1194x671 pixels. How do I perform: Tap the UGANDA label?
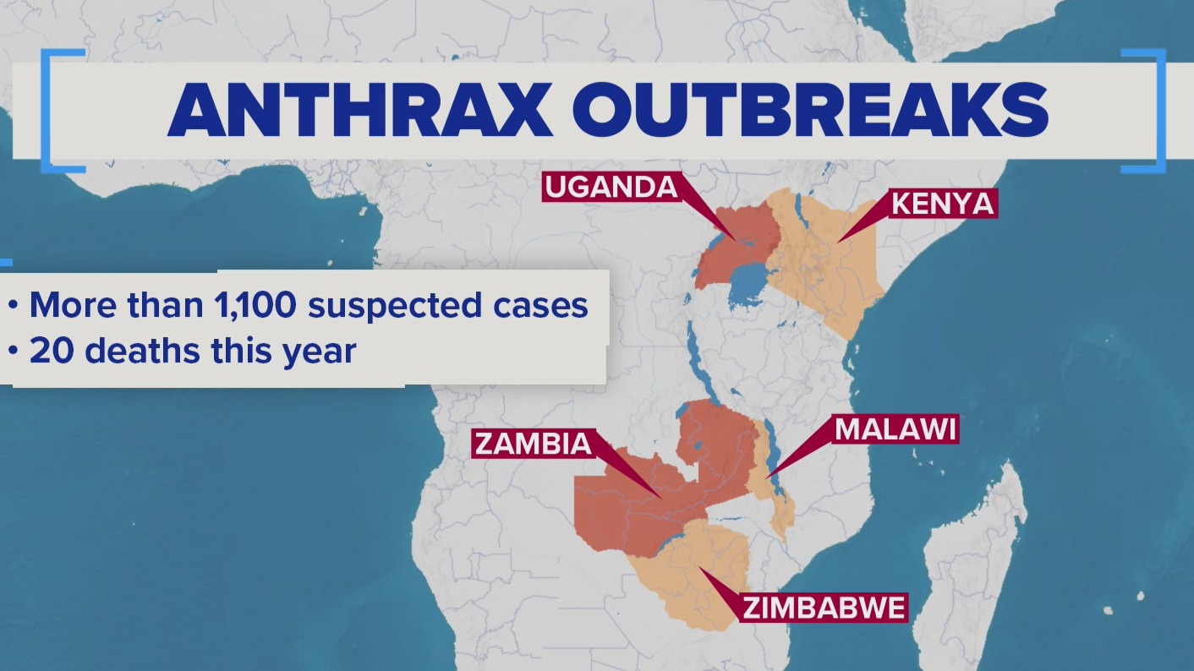tap(611, 187)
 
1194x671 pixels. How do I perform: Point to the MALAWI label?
tap(895, 429)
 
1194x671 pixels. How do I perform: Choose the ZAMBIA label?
tap(533, 444)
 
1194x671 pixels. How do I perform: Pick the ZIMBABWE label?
tap(824, 608)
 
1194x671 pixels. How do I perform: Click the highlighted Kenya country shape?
tap(833, 254)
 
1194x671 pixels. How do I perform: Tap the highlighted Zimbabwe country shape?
tap(702, 583)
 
